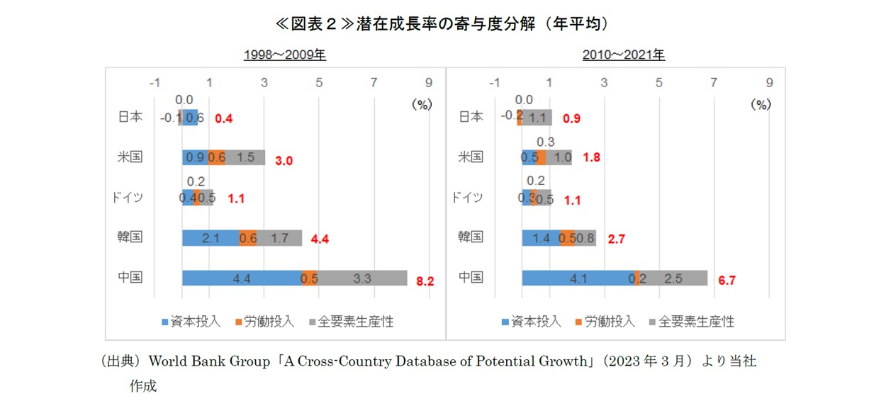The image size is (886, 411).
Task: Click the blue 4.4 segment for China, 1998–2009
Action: point(241,278)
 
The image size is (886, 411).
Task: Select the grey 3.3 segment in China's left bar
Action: point(362,278)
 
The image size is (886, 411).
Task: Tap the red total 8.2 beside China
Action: point(425,281)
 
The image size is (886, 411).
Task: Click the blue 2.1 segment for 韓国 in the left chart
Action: point(210,238)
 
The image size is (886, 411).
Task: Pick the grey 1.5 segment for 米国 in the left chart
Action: point(245,157)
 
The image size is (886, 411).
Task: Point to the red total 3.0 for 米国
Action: point(284,161)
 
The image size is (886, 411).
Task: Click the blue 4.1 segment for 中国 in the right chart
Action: point(578,278)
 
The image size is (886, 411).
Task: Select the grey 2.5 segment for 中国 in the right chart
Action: point(673,278)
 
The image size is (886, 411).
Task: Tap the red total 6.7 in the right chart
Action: point(727,281)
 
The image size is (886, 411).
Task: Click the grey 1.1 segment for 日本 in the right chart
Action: point(537,118)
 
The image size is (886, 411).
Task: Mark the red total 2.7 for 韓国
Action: point(617,240)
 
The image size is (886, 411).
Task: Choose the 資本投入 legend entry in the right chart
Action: point(536,322)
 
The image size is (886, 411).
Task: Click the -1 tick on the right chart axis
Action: point(495,83)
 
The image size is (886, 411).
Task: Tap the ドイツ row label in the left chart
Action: point(128,198)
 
